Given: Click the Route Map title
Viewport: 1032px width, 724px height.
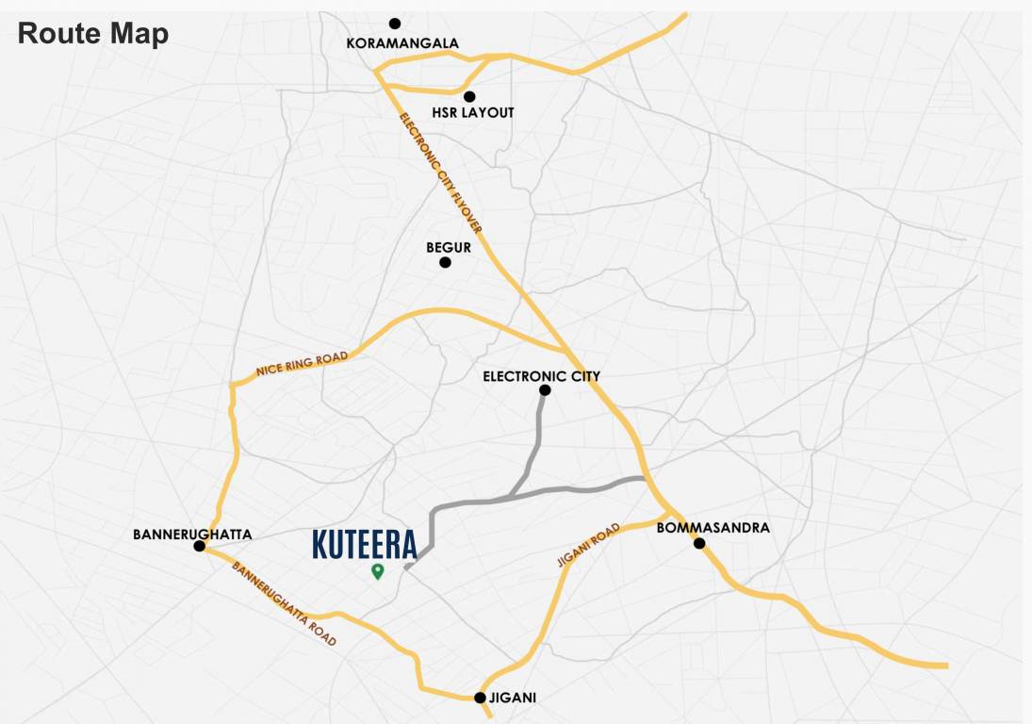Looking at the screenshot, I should [93, 34].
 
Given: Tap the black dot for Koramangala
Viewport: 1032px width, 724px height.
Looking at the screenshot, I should [395, 24].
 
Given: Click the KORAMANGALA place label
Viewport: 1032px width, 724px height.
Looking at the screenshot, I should [402, 43].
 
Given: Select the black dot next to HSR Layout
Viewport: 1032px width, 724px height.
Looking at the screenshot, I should [469, 96].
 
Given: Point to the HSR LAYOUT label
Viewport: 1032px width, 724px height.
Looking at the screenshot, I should [473, 113].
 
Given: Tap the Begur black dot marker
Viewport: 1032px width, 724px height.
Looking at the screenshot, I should [445, 262].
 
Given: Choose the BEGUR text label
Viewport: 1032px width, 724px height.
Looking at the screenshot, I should [448, 247].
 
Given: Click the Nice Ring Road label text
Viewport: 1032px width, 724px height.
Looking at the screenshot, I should [302, 365].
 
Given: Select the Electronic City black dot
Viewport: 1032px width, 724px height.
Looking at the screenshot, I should [545, 390].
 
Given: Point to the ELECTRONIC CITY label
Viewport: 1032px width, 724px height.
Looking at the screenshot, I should [541, 376].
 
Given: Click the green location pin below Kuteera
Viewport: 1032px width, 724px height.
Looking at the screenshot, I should [377, 570].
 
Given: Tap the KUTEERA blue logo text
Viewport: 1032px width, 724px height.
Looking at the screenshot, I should [364, 545].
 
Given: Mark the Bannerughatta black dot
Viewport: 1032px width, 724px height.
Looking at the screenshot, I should [199, 546].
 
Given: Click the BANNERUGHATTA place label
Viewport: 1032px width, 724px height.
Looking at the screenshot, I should [192, 534].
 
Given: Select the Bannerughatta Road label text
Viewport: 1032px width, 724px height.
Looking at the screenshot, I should [284, 604].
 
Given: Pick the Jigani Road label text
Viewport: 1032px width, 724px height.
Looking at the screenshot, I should [588, 545].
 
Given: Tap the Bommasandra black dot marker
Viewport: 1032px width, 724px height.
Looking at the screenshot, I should [699, 543].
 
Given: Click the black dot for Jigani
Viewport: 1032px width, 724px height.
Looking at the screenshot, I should [480, 699].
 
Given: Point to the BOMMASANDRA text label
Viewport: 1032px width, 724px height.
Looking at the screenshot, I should [713, 528].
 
